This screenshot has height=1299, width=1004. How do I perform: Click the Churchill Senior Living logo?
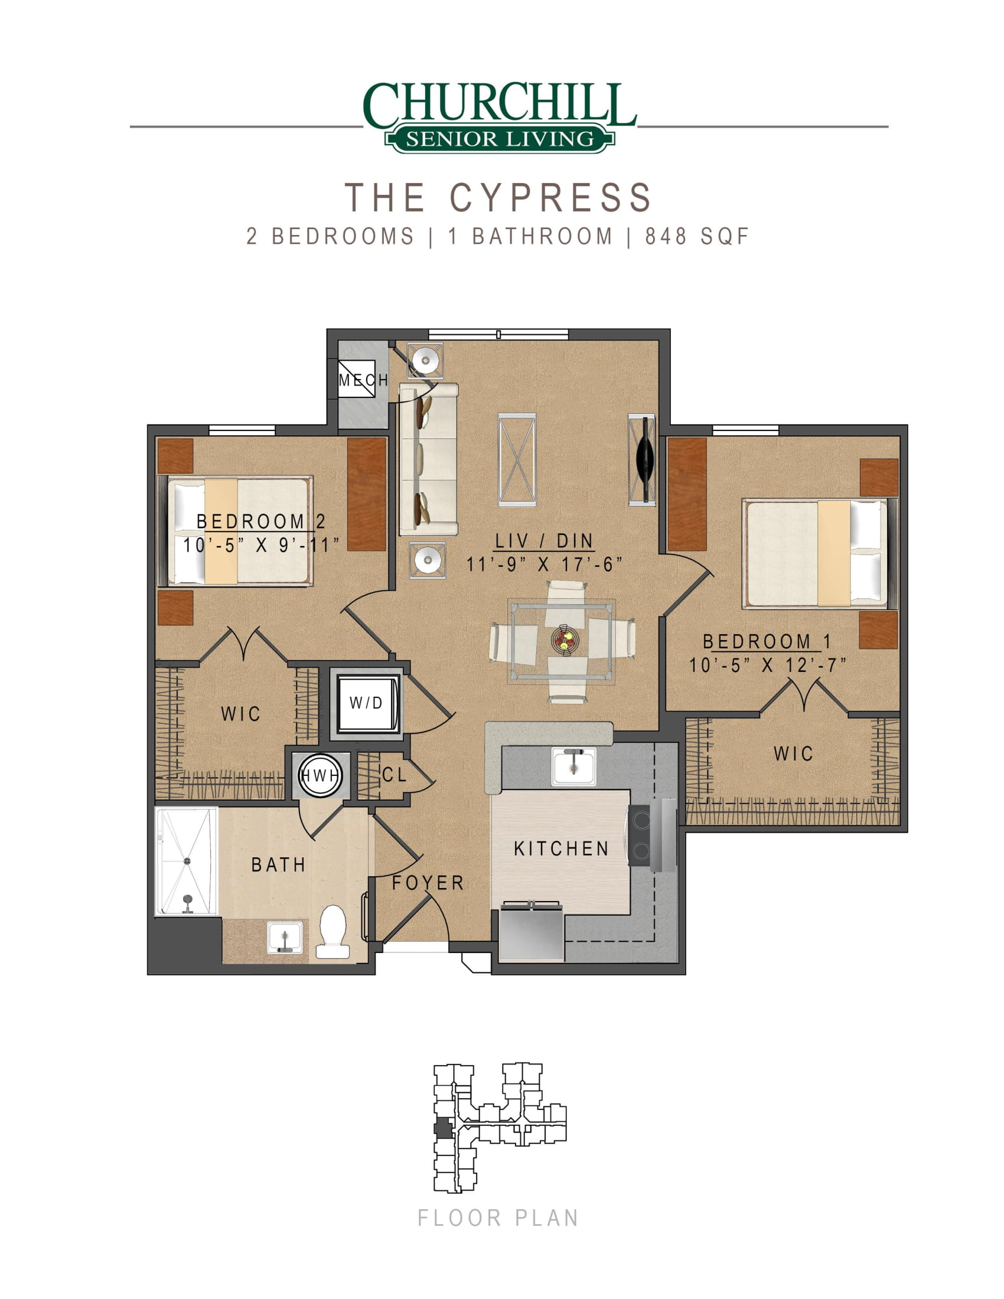coord(500,118)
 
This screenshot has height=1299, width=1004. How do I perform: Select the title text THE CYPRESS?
coord(498,197)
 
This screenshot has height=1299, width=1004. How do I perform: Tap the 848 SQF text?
coord(697,237)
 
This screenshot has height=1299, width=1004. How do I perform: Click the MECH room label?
coord(363,380)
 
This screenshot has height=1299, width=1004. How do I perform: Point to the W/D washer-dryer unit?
coord(366,704)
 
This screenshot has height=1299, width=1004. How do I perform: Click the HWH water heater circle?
coord(321,776)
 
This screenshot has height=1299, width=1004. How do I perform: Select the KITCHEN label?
coord(562,848)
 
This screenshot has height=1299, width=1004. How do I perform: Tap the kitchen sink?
coord(573,767)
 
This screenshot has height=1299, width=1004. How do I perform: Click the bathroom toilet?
coord(333,932)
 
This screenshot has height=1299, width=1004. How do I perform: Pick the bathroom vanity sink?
coord(285,938)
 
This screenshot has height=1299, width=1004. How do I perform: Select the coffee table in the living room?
coord(517,460)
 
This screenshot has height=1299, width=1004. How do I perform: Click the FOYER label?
coord(428,883)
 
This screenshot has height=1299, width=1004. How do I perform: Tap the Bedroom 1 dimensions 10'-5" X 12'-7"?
coord(767,665)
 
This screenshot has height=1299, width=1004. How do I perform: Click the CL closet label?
coord(395,775)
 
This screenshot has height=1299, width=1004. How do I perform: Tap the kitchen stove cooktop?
coord(640,834)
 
